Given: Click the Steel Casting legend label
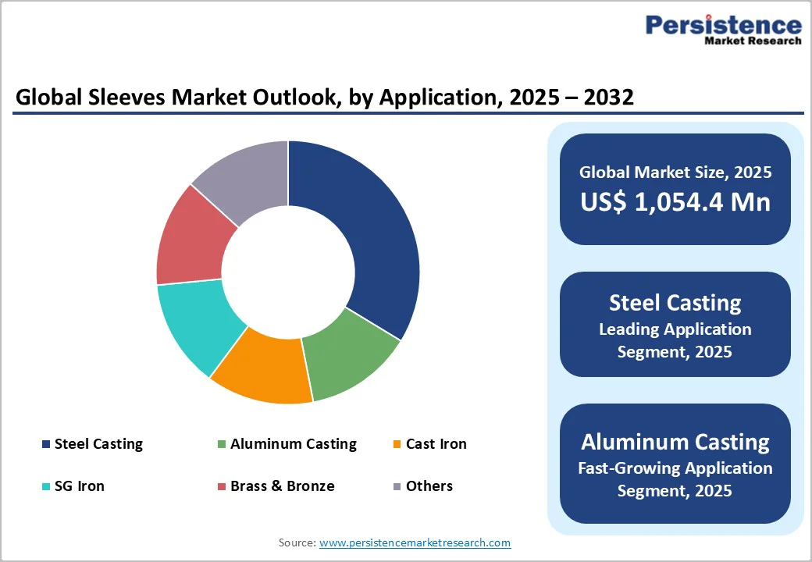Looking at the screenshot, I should pyautogui.click(x=98, y=444).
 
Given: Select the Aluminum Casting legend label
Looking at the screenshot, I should pyautogui.click(x=293, y=444).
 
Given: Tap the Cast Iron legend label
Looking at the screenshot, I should pyautogui.click(x=436, y=444).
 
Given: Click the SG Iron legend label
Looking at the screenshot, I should pyautogui.click(x=79, y=486).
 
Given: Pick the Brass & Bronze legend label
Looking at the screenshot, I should pyautogui.click(x=282, y=486).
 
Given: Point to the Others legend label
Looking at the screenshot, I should pyautogui.click(x=429, y=486).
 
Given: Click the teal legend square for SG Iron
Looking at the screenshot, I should pyautogui.click(x=46, y=487).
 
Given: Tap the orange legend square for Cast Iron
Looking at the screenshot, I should pyautogui.click(x=397, y=445).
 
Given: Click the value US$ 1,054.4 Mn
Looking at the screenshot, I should pyautogui.click(x=675, y=202).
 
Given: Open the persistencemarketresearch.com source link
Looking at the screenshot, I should pyautogui.click(x=415, y=542).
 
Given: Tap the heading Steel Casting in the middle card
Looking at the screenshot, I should pyautogui.click(x=675, y=303).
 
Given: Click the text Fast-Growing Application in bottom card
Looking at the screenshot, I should pyautogui.click(x=675, y=468).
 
